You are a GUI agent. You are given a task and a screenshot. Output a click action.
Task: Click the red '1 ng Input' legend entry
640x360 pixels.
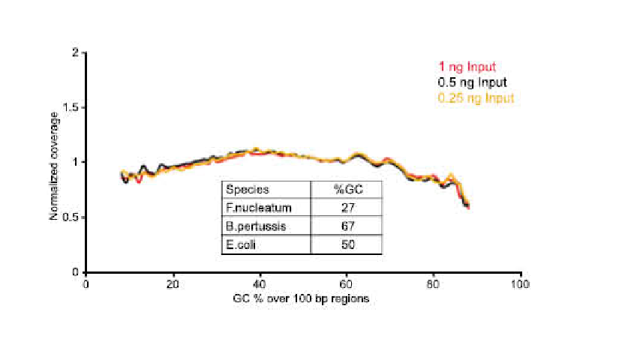pyautogui.click(x=468, y=67)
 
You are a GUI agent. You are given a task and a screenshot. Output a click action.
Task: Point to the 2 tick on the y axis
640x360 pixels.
pyautogui.click(x=76, y=52)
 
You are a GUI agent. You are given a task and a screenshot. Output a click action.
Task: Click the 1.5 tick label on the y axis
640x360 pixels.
pyautogui.click(x=72, y=107)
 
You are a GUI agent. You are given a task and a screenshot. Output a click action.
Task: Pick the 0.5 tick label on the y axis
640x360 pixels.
pyautogui.click(x=72, y=217)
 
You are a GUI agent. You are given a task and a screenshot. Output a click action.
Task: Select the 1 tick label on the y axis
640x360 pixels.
pyautogui.click(x=76, y=162)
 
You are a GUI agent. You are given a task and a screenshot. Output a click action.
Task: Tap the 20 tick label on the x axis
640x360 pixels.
pyautogui.click(x=173, y=284)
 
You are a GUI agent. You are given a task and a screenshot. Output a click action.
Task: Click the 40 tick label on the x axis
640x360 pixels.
pyautogui.click(x=260, y=284)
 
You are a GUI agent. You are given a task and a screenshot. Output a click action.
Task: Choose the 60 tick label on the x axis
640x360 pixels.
pyautogui.click(x=347, y=284)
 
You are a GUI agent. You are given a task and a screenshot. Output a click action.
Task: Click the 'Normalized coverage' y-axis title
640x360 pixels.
pyautogui.click(x=54, y=162)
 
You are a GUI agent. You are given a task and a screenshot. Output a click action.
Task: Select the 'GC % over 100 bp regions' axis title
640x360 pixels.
pyautogui.click(x=302, y=298)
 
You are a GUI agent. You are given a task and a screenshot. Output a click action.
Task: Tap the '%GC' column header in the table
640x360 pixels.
pyautogui.click(x=347, y=190)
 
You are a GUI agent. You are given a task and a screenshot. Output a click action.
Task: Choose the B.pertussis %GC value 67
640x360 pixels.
pyautogui.click(x=347, y=226)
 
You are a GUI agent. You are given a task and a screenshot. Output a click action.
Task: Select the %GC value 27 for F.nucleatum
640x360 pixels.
pyautogui.click(x=347, y=208)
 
